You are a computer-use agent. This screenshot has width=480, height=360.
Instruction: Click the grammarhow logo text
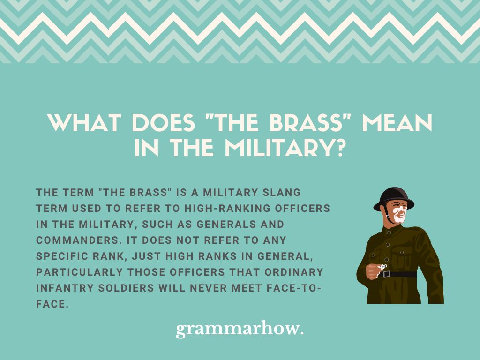pos(240,329)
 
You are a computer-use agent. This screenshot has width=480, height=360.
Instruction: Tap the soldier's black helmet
pos(393,197)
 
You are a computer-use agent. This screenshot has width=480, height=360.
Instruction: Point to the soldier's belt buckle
pos(387,274)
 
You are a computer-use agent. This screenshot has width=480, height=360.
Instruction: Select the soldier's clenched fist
pos(373,270)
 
